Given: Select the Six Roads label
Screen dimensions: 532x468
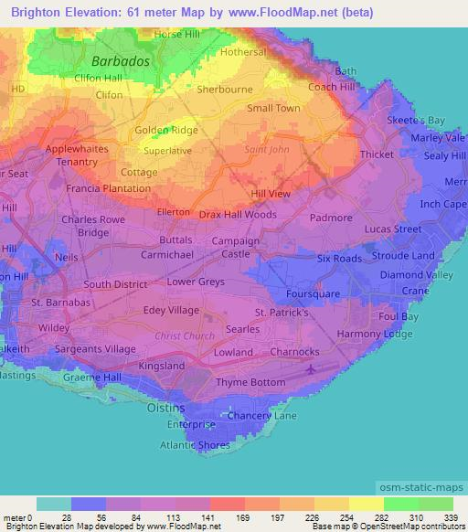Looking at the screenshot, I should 339,259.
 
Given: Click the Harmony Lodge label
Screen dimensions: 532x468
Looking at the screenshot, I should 374,334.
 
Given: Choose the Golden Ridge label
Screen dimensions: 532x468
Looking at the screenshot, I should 166,131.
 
